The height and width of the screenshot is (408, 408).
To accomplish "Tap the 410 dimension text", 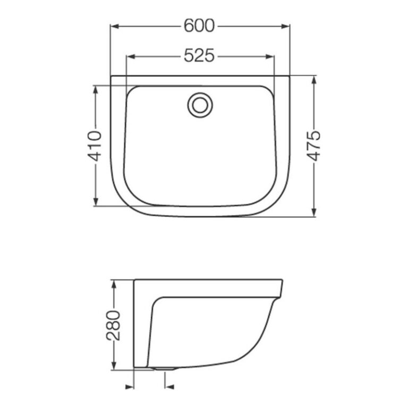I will pos(95,146).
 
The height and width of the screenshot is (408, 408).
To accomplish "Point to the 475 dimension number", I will pos(314,145).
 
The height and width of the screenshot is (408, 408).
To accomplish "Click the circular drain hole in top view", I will pos(200,104).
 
